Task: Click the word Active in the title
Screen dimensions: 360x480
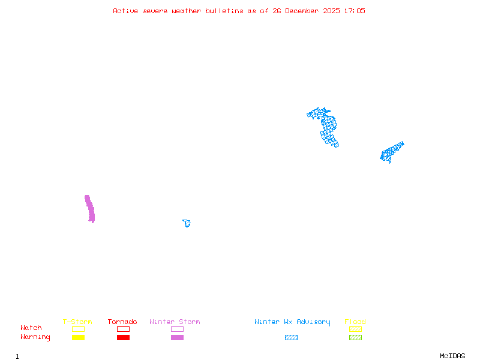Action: click(125, 11)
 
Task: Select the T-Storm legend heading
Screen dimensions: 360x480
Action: click(77, 322)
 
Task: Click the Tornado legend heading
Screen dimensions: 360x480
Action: click(122, 322)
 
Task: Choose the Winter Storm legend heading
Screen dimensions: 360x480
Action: click(175, 322)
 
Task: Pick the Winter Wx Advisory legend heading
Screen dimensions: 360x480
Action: click(292, 322)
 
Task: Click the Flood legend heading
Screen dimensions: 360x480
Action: click(355, 322)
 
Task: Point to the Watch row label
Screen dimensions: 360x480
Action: click(31, 328)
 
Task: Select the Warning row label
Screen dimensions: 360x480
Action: click(35, 337)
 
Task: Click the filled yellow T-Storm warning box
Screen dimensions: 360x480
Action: click(78, 338)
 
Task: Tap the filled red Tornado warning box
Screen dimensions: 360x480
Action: click(123, 338)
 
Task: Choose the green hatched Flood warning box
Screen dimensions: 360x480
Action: click(355, 338)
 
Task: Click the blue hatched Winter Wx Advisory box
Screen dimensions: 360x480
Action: click(291, 338)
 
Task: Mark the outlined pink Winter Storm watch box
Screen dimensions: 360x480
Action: click(177, 329)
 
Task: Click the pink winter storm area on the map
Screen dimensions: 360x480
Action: click(90, 209)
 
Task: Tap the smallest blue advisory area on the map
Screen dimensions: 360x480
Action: click(187, 223)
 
